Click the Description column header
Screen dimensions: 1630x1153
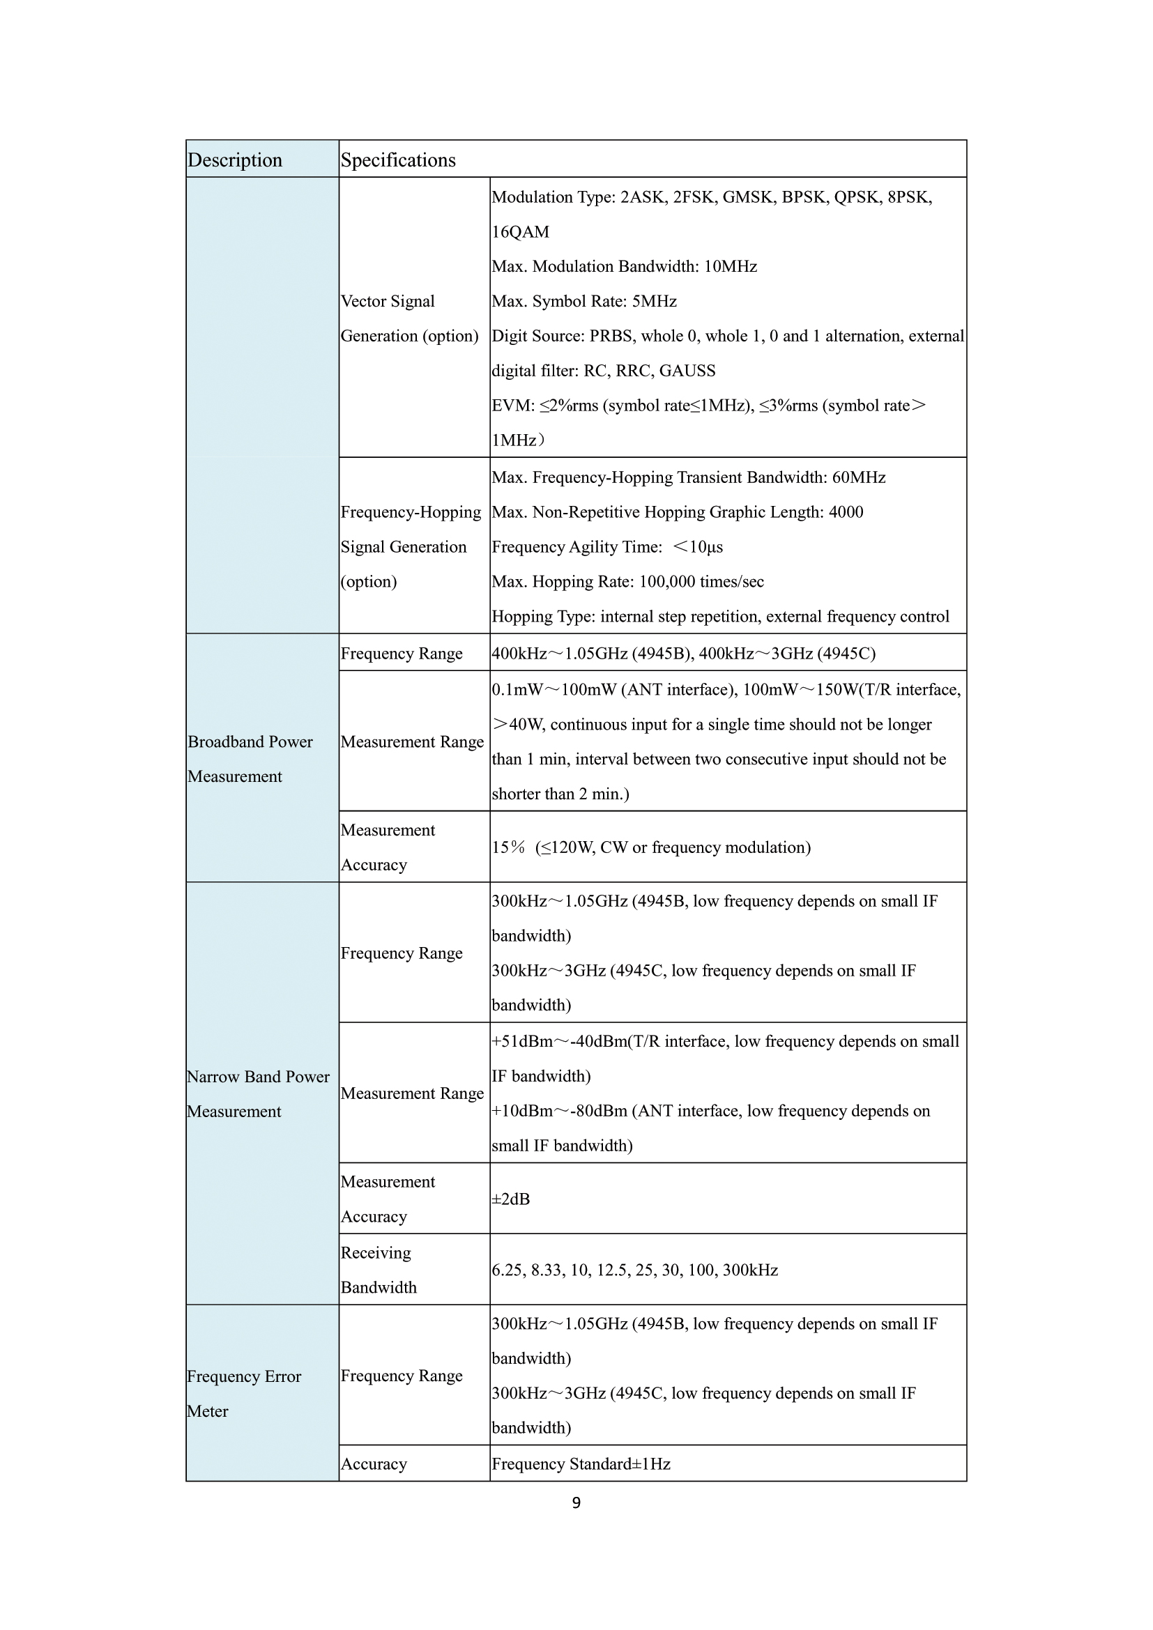(x=235, y=160)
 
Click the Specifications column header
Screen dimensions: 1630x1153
(x=398, y=160)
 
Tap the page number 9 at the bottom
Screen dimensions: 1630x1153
(x=576, y=1502)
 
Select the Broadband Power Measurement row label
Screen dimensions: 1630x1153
(x=250, y=759)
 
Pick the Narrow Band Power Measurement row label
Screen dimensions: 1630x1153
(x=259, y=1094)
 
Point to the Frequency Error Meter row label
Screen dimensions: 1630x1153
(x=243, y=1394)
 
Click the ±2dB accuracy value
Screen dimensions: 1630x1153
(x=510, y=1199)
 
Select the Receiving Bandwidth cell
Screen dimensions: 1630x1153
(x=379, y=1270)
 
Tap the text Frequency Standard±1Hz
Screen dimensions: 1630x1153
(x=581, y=1464)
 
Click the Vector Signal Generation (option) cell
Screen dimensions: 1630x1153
(x=409, y=318)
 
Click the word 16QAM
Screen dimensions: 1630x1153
(x=521, y=232)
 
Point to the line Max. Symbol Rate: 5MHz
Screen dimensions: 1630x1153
(x=583, y=302)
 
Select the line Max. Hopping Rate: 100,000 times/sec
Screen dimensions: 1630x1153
(x=627, y=582)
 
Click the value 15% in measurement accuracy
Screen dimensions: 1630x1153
(x=508, y=847)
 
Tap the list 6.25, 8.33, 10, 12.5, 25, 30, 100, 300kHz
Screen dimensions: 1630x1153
(x=635, y=1270)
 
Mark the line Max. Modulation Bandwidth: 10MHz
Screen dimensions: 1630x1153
(x=624, y=267)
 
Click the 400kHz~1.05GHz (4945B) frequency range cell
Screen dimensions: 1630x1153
(x=683, y=654)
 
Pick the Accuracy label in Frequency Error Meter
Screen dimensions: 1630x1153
(x=374, y=1464)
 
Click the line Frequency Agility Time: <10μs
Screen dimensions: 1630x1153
(x=607, y=547)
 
